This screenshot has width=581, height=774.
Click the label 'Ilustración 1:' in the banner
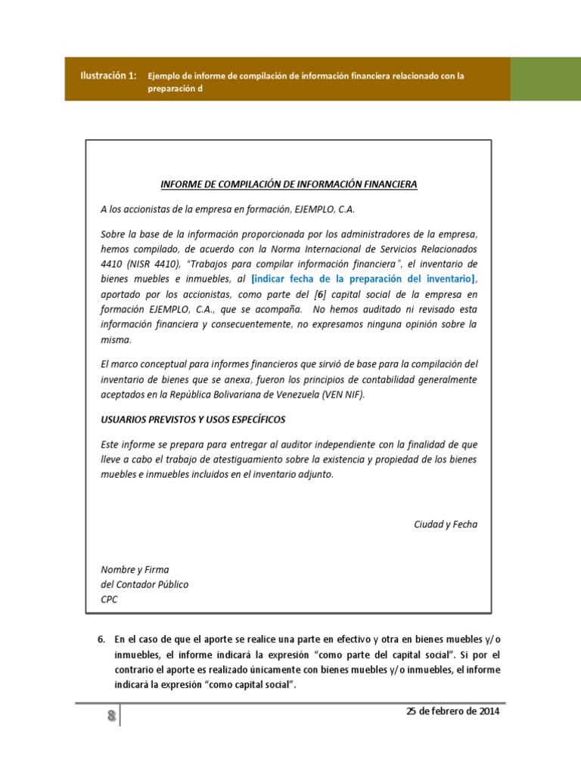[x=109, y=75]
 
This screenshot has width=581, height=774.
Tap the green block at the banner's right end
[x=545, y=79]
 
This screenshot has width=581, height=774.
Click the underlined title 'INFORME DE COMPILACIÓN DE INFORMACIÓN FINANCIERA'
[x=288, y=184]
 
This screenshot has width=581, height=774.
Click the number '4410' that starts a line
[x=113, y=264]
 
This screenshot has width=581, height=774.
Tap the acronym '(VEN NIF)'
[x=343, y=395]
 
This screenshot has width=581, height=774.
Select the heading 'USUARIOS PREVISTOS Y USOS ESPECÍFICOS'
[x=193, y=420]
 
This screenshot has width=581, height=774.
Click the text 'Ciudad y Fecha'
[x=446, y=525]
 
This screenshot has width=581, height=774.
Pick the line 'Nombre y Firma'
[x=135, y=569]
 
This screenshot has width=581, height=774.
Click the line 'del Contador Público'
[x=144, y=584]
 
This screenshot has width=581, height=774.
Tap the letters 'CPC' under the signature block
[x=110, y=599]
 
